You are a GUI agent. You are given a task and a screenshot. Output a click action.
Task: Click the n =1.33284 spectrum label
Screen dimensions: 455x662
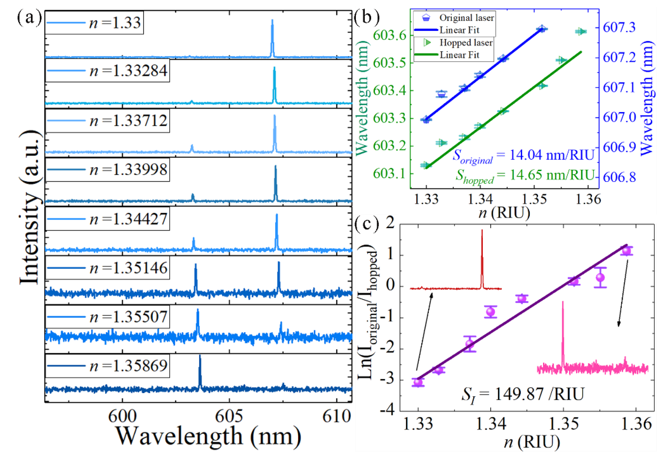128,71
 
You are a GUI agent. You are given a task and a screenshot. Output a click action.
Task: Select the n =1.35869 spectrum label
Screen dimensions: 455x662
128,366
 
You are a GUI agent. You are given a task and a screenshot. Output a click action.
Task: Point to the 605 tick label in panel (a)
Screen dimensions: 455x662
229,416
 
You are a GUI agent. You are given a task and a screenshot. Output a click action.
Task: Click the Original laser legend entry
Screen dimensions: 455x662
466,18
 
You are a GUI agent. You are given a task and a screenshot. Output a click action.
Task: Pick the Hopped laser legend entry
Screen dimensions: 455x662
466,43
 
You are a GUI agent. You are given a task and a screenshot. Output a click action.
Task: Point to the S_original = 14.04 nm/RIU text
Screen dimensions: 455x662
524,156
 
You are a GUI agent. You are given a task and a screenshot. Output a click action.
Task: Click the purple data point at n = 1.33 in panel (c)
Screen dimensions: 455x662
418,382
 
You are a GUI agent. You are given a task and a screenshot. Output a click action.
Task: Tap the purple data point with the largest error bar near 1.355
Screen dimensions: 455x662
600,277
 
